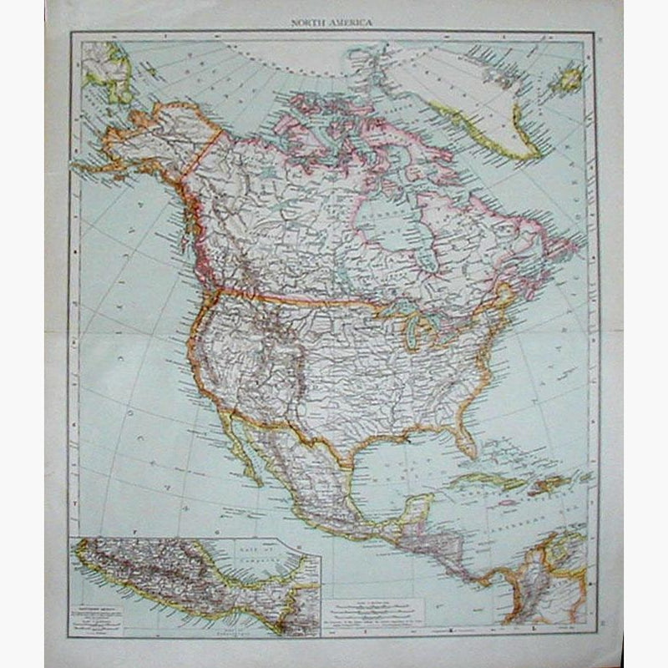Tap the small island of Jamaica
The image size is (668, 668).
(x=506, y=503)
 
